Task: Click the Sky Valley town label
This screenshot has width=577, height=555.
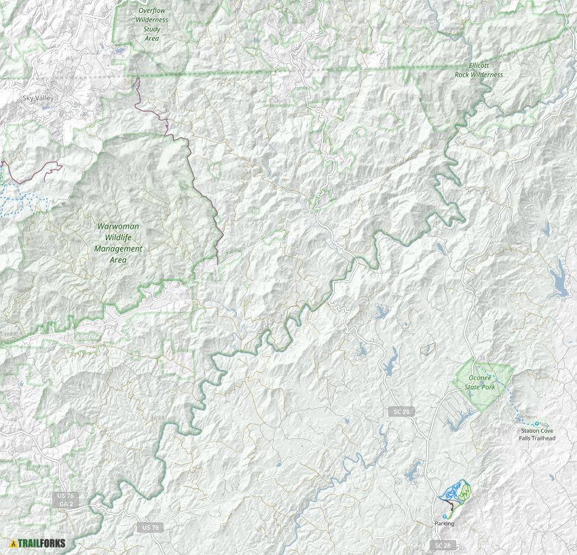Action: pos(37,98)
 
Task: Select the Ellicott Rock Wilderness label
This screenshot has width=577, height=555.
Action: pos(479,70)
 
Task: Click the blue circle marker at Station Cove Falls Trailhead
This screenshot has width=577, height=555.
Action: pos(536,423)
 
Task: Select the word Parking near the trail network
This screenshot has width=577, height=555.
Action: pos(444,523)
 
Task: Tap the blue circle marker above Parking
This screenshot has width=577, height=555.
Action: pos(444,516)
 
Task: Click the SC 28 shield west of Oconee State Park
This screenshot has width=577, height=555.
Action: pos(401,412)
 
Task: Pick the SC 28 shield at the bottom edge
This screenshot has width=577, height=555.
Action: pos(441,546)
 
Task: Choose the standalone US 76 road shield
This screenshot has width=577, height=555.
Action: pos(151,527)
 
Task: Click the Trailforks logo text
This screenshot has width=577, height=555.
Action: pos(41,543)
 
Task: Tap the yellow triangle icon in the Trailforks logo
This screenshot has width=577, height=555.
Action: pos(13,543)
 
